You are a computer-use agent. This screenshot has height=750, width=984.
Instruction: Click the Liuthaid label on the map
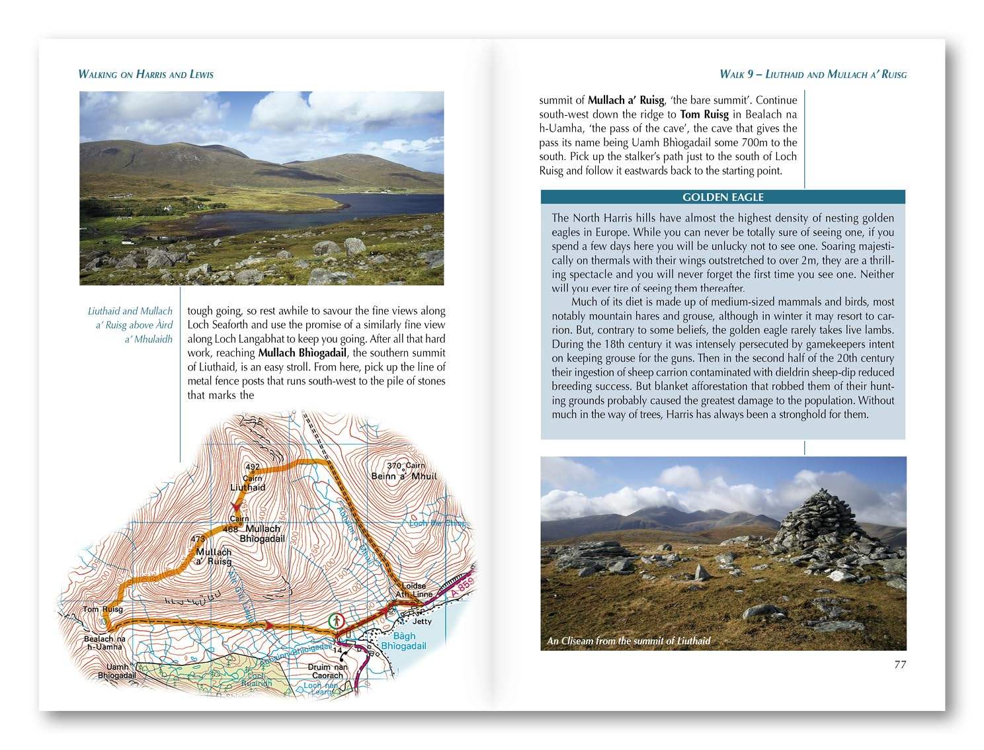click(x=248, y=487)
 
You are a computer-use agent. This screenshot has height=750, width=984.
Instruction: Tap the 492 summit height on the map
click(x=253, y=466)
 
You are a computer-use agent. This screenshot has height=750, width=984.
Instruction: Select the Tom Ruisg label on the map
click(x=102, y=609)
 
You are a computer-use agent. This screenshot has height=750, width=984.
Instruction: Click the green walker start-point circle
click(x=337, y=621)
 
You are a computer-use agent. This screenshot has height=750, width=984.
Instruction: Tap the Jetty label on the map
click(x=421, y=621)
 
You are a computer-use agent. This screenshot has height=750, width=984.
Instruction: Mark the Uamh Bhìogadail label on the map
click(x=117, y=671)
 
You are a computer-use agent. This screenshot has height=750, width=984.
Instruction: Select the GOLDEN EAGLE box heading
click(x=723, y=197)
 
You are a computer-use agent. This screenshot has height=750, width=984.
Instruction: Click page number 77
click(x=899, y=665)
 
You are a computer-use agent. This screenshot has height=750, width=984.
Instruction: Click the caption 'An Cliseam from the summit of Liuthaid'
click(x=628, y=640)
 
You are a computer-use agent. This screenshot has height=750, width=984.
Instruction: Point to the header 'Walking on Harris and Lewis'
click(x=145, y=74)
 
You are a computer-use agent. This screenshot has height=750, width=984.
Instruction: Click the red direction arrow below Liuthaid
click(x=236, y=506)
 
